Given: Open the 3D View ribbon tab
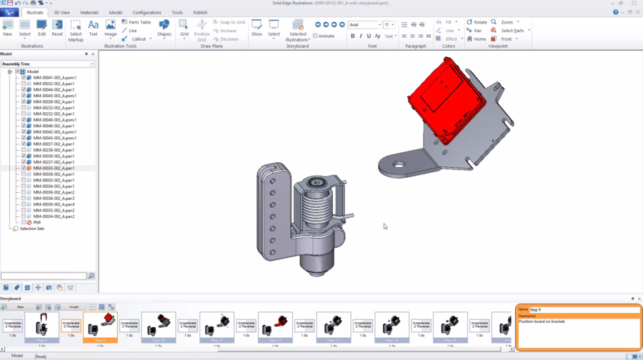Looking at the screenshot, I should [x=61, y=12].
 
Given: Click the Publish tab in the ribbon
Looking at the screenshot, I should [x=200, y=12].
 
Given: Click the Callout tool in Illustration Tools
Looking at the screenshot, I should [x=138, y=39].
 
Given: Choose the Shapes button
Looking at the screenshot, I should [x=164, y=28].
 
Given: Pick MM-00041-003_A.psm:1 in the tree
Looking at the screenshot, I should [x=54, y=77].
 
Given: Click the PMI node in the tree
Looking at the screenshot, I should [x=37, y=222].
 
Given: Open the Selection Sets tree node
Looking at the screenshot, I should [x=31, y=229].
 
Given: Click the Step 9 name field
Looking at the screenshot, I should [x=583, y=310].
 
